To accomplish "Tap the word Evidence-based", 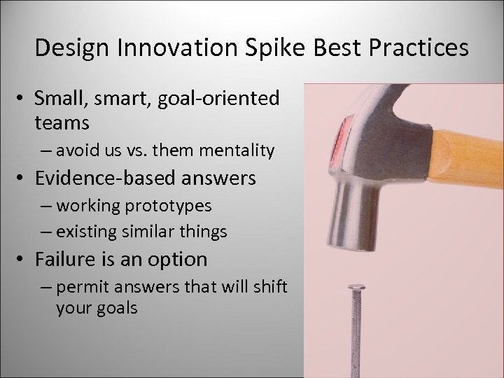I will click(x=106, y=178).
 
